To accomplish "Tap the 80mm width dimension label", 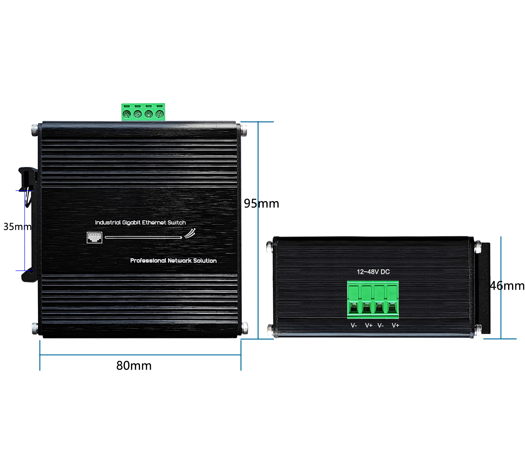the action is [134, 365].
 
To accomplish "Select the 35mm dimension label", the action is [17, 226].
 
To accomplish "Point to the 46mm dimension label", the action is [507, 285].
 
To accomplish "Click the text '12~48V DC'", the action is [373, 272].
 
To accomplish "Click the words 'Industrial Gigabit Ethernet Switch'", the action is [140, 222].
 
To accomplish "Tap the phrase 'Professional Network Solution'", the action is [173, 260].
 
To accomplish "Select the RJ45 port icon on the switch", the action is [94, 238].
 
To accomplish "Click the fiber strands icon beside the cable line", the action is [190, 233].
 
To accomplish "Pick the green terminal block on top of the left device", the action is [143, 112].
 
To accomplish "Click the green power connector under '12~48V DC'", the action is [373, 300].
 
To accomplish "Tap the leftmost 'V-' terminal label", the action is [354, 325].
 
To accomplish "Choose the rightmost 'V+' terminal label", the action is [395, 325].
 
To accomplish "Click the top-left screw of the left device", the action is [35, 130].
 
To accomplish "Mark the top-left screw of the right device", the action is [270, 247].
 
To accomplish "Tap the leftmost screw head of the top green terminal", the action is [127, 114].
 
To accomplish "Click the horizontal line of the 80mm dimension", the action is [140, 355].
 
